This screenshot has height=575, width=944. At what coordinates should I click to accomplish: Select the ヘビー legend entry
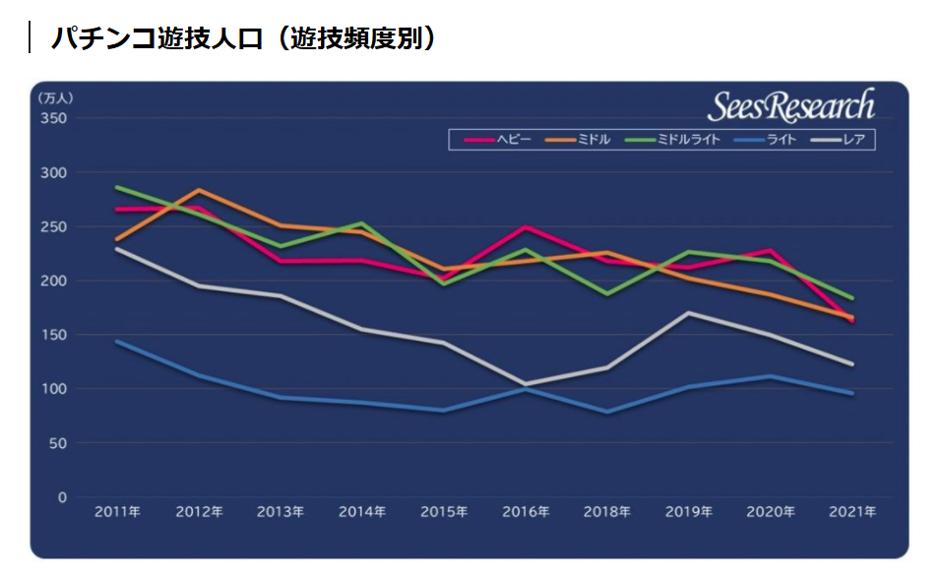tap(496, 140)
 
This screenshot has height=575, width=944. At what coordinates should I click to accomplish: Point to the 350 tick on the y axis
tap(54, 119)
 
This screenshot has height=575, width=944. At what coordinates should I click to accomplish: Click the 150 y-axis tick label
tap(54, 336)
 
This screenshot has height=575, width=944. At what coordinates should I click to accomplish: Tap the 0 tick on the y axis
tap(62, 498)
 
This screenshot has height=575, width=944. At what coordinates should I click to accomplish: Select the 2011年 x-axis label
tap(117, 512)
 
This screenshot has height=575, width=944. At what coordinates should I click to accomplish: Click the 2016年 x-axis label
tap(526, 512)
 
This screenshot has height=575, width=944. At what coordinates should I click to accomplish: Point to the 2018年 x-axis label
tap(607, 512)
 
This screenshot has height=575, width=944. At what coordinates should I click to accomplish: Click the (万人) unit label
tap(55, 98)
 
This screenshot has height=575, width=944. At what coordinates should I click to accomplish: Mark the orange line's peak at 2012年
tap(199, 190)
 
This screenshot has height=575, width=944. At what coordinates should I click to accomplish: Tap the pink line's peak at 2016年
tap(526, 227)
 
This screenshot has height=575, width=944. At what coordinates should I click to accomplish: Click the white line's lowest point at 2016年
tap(526, 384)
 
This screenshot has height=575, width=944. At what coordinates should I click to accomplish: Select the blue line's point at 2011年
tap(117, 342)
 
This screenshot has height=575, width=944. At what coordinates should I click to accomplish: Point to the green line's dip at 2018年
tap(607, 294)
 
